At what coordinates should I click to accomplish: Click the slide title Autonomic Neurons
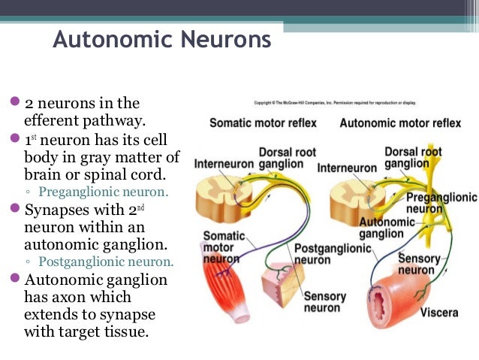pos(161,39)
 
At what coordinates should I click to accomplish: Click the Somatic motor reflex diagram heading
pos(263,123)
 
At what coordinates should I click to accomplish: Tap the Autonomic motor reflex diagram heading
pos(400,123)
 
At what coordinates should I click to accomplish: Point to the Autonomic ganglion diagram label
pos(387,228)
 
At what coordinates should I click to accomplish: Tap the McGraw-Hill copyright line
pos(335,102)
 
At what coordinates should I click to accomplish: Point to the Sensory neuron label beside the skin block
pos(324,302)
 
